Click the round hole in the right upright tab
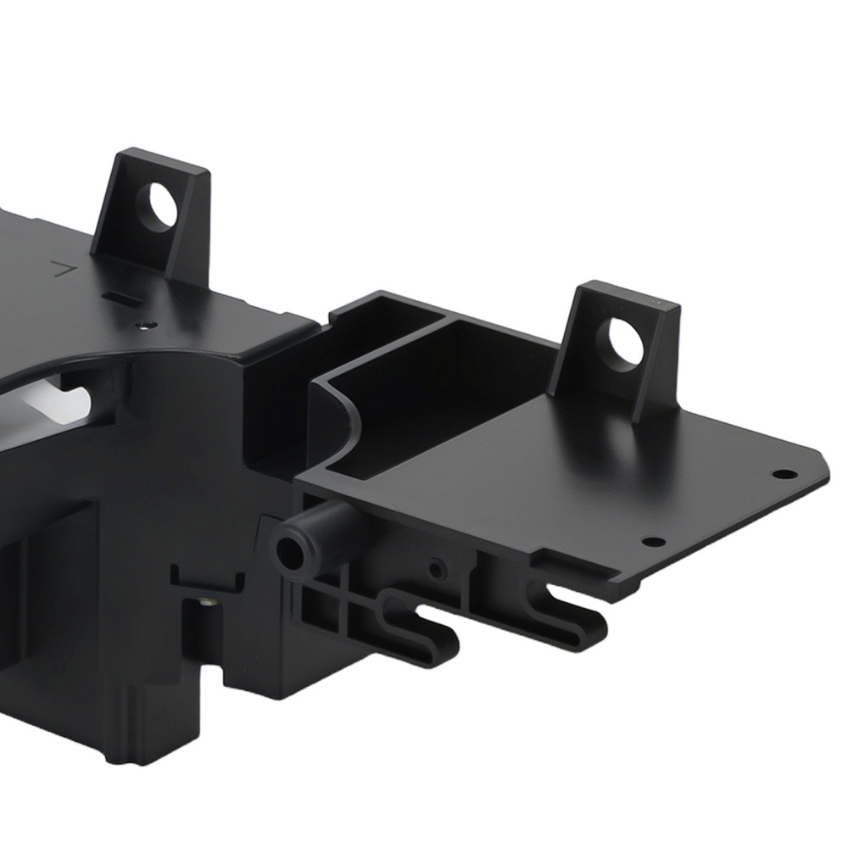(x=625, y=342)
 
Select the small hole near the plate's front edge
(x=653, y=542)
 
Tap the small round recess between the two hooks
(x=438, y=569)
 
